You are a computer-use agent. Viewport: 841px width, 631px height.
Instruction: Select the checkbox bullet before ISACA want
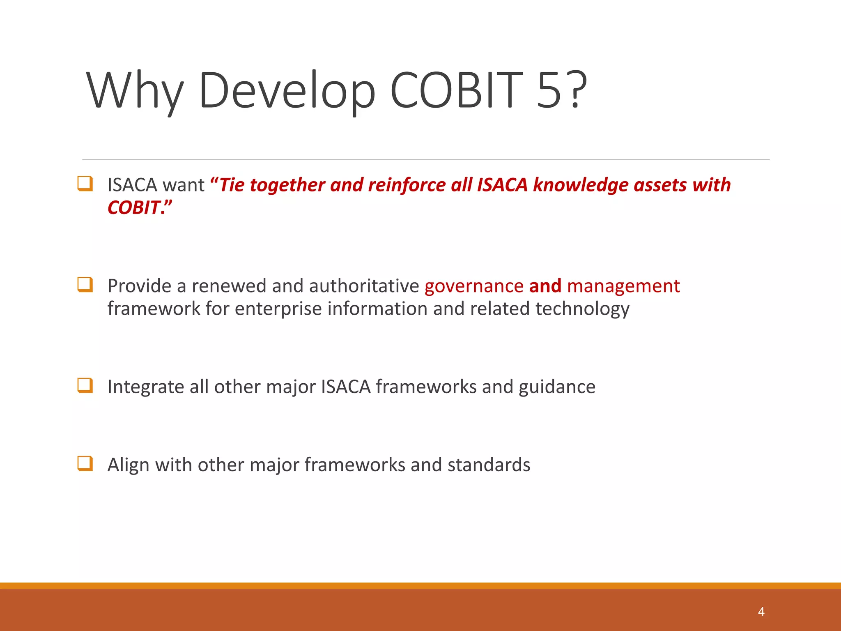click(x=85, y=183)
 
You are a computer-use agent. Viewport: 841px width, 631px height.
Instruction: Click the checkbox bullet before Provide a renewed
click(x=85, y=284)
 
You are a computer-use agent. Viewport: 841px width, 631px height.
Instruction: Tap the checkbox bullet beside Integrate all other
click(x=85, y=385)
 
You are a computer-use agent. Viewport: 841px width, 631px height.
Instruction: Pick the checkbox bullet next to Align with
click(x=85, y=463)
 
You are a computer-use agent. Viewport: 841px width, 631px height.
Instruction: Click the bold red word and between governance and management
click(x=545, y=286)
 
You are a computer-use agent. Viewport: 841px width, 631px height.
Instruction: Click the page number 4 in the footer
click(x=761, y=612)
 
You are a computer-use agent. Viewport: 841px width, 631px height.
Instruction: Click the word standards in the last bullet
click(x=489, y=465)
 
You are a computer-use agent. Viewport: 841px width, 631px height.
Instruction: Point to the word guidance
click(x=557, y=387)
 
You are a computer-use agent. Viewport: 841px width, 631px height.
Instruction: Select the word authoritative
click(x=364, y=286)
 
